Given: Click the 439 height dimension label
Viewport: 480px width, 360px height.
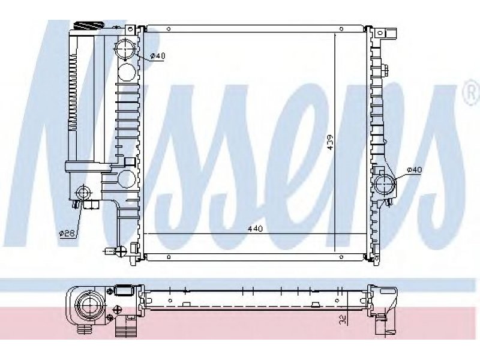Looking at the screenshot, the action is (x=330, y=142).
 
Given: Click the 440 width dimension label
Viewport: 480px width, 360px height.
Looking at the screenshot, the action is (x=255, y=229).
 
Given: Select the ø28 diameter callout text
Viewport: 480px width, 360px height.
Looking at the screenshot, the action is (x=67, y=233).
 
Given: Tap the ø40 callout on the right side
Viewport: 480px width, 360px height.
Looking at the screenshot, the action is (x=415, y=170).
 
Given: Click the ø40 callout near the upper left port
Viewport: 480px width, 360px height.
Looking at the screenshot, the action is (x=158, y=56).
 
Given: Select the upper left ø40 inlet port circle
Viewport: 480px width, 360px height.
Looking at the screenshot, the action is (x=125, y=49).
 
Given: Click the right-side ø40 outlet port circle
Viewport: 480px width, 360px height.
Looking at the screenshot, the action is (x=385, y=184).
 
